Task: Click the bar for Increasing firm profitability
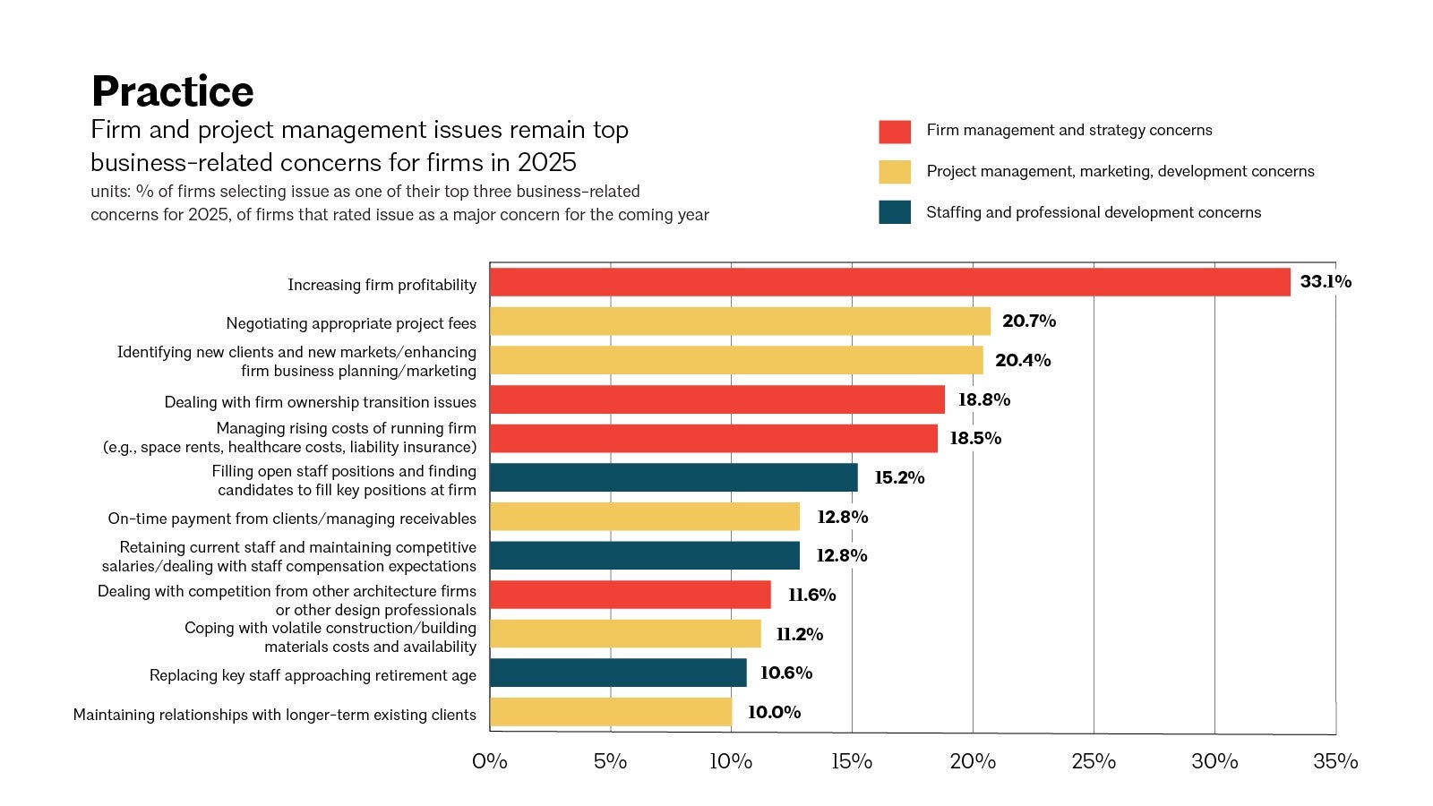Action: [x=889, y=282]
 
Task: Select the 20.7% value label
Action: [x=1028, y=321]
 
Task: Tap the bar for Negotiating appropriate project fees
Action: [x=740, y=322]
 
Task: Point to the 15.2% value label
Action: [x=899, y=477]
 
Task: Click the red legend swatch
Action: [x=894, y=132]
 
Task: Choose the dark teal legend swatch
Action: [x=894, y=212]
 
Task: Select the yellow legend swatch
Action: [x=894, y=172]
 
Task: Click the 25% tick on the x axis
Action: [x=1094, y=761]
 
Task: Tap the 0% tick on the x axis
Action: [x=490, y=761]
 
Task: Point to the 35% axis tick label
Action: [x=1335, y=761]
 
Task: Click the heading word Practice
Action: [x=173, y=91]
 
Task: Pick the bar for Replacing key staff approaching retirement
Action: [x=618, y=673]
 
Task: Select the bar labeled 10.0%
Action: [x=611, y=712]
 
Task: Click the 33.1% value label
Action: [x=1326, y=281]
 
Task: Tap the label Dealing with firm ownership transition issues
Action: [x=320, y=402]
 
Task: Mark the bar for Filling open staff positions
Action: [x=674, y=477]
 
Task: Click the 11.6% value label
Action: [x=811, y=595]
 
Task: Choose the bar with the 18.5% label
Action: [x=714, y=439]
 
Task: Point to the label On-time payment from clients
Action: [x=292, y=519]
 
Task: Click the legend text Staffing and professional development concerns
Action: [x=1093, y=212]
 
